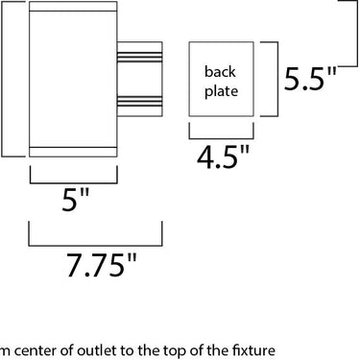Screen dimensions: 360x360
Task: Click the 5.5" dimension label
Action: tap(310, 78)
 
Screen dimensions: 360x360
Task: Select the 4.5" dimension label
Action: tap(223, 156)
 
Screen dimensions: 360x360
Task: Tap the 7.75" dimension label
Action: tap(102, 265)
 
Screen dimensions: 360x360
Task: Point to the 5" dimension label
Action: tap(75, 200)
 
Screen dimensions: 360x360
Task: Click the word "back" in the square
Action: tap(220, 71)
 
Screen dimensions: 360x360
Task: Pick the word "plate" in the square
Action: tap(221, 91)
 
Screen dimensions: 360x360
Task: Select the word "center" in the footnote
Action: tap(36, 351)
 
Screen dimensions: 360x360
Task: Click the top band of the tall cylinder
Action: tap(73, 7)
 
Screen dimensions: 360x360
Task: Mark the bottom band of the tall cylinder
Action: tap(73, 152)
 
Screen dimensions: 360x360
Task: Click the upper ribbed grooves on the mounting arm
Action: tap(139, 57)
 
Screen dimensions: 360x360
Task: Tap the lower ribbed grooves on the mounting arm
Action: tap(139, 101)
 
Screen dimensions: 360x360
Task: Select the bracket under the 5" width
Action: tap(74, 183)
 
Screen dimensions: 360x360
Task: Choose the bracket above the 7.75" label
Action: tap(95, 246)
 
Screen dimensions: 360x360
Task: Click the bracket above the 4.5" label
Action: tap(221, 138)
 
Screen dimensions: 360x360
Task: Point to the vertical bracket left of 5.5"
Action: tap(277, 79)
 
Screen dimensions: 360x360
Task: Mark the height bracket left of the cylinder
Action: tap(3, 79)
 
